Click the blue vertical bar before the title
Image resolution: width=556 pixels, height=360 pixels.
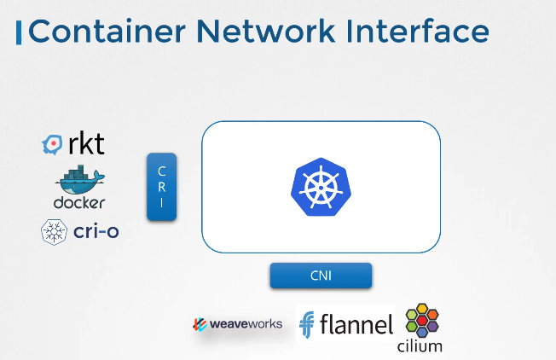pos(19,32)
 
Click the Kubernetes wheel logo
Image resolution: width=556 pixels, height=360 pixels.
pos(321,185)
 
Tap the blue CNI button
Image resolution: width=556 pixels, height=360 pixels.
pos(321,276)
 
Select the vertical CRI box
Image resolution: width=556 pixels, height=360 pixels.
pos(161,187)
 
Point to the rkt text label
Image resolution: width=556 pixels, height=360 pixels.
pos(86,144)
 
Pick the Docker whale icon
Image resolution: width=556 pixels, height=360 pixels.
pos(79,182)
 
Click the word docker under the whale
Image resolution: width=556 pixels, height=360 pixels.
pos(79,203)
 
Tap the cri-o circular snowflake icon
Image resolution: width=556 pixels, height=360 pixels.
pos(54,231)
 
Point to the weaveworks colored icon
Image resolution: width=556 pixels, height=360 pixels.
pos(200,325)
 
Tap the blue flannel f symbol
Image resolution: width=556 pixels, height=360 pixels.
pos(307,325)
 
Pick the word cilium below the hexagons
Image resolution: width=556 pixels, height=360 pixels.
pos(420,345)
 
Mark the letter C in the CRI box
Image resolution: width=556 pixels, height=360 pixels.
pos(161,169)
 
